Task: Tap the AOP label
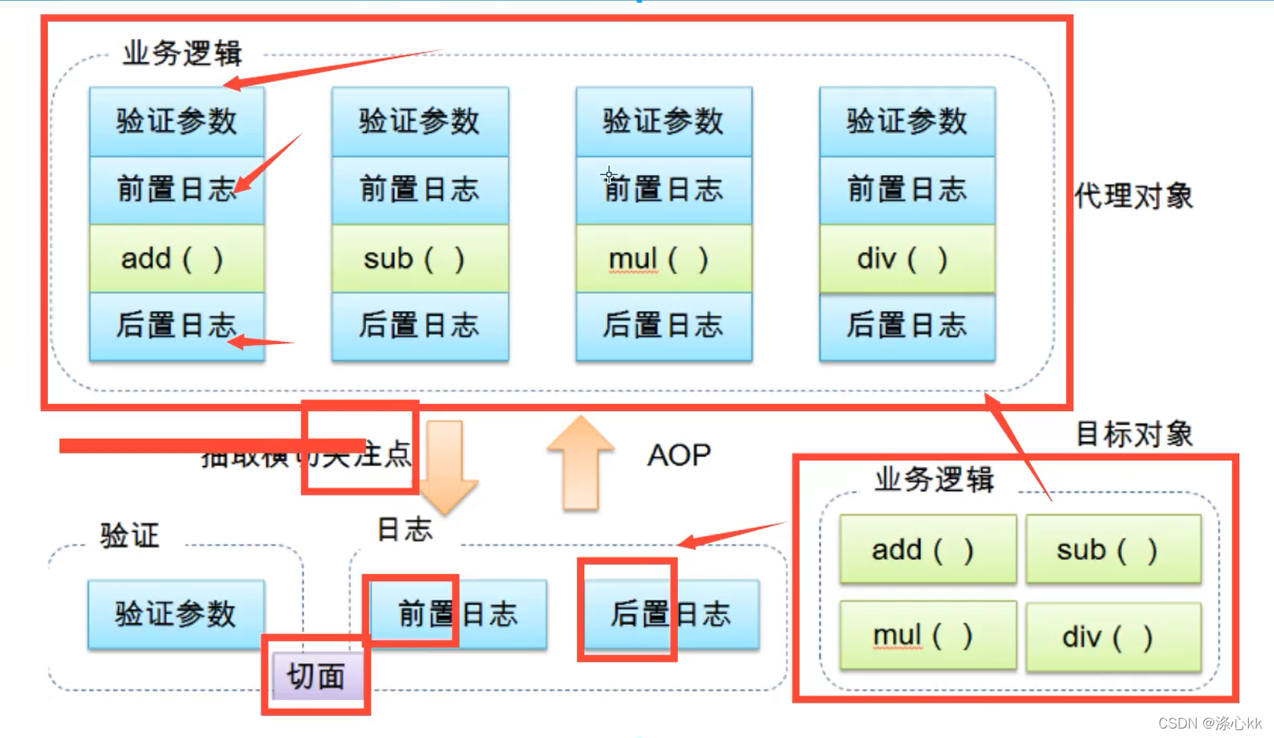pyautogui.click(x=679, y=454)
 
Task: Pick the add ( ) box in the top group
pyautogui.click(x=176, y=258)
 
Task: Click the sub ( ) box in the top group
pyautogui.click(x=420, y=258)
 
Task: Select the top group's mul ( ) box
pyautogui.click(x=663, y=258)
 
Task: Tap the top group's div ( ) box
pyautogui.click(x=906, y=258)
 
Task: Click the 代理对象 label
pyautogui.click(x=1134, y=195)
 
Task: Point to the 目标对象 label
pyautogui.click(x=1134, y=433)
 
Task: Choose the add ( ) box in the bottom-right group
pyautogui.click(x=927, y=549)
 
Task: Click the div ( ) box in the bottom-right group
pyautogui.click(x=1113, y=636)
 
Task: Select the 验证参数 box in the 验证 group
pyautogui.click(x=176, y=614)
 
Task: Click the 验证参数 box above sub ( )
pyautogui.click(x=420, y=121)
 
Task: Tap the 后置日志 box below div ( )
pyautogui.click(x=906, y=325)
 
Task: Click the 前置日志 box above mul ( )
pyautogui.click(x=663, y=190)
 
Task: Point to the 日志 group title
pyautogui.click(x=405, y=528)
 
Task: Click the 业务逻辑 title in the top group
pyautogui.click(x=182, y=53)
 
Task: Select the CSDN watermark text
pyautogui.click(x=1209, y=722)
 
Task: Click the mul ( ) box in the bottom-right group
pyautogui.click(x=927, y=635)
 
